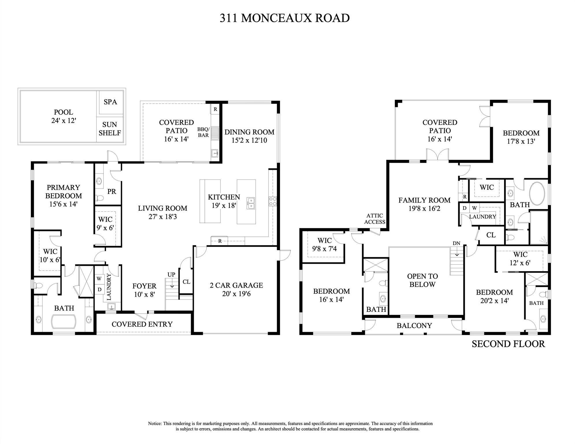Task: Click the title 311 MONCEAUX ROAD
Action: coord(284,18)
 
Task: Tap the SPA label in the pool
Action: coord(110,102)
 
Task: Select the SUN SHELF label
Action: coord(110,129)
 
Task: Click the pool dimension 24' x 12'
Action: coord(64,121)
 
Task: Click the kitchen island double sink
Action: coord(251,203)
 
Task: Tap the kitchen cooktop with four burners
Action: coord(273,201)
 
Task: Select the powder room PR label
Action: coord(112,192)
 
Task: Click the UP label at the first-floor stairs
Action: coord(171,275)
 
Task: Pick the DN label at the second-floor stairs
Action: coord(456,243)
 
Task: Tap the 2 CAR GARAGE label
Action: coord(236,285)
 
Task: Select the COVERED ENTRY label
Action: coord(142,324)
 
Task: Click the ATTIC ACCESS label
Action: coord(375,219)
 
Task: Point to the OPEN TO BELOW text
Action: coord(422,280)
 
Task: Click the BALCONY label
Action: coord(414,325)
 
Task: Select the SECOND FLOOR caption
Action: coord(508,344)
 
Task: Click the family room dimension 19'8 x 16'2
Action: coord(424,208)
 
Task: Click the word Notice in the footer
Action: coord(155,423)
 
